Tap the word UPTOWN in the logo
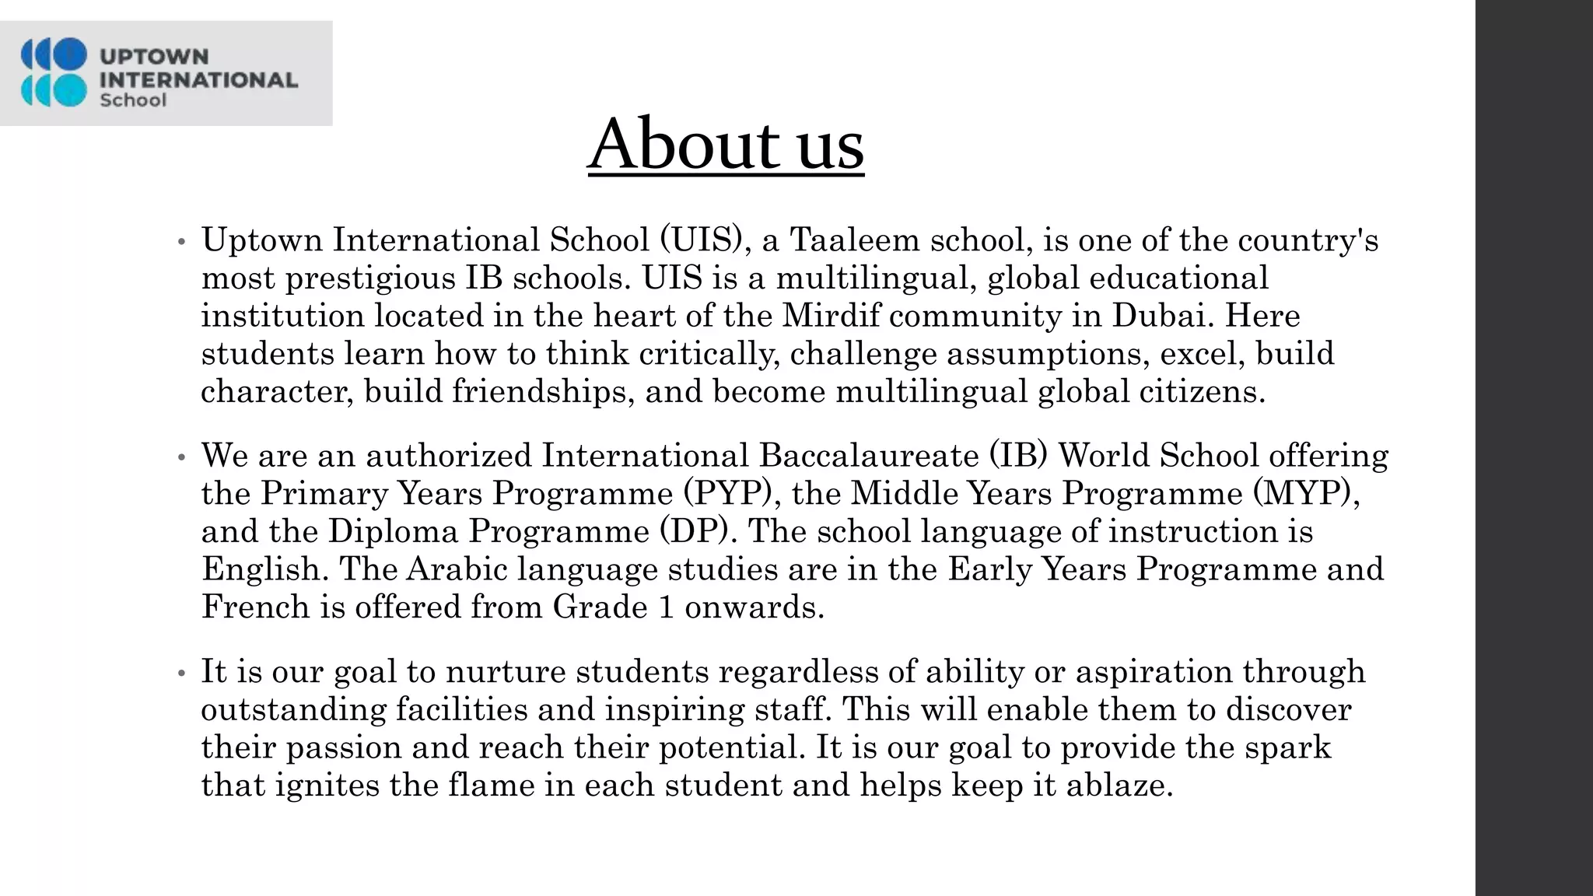click(154, 57)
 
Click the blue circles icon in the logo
click(54, 72)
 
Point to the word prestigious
click(370, 278)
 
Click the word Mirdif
click(831, 316)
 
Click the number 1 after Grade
click(666, 607)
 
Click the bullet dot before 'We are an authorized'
click(181, 458)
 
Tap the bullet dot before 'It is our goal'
click(181, 674)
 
